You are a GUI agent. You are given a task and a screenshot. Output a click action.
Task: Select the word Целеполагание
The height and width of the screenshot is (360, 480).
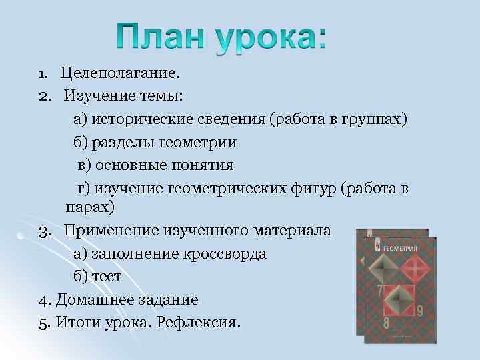click(x=120, y=72)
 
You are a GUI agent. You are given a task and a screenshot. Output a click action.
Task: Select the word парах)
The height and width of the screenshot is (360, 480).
click(x=90, y=207)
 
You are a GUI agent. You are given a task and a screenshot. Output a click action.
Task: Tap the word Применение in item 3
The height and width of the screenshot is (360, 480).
click(x=110, y=231)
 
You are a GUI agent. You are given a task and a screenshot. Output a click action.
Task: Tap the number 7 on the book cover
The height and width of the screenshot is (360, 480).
click(x=379, y=291)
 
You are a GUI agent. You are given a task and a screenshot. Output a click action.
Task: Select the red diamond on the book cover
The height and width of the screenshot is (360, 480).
click(x=414, y=270)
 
